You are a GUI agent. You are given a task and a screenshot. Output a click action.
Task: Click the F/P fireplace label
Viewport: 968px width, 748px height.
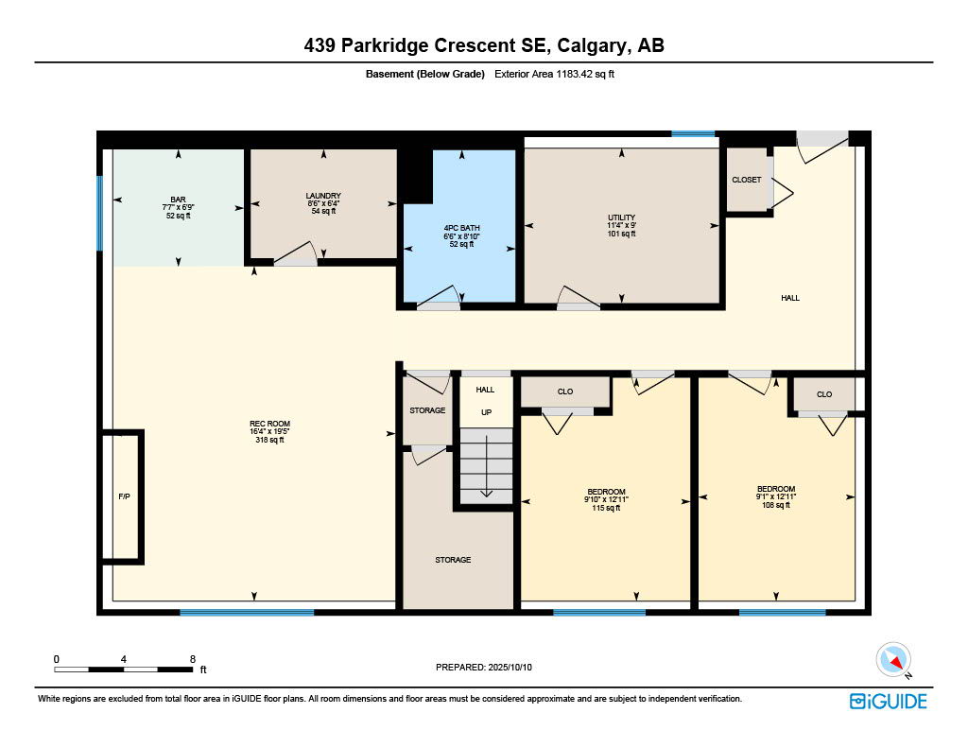[x=124, y=496]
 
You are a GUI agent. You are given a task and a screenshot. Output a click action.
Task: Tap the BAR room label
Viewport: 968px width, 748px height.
[x=178, y=200]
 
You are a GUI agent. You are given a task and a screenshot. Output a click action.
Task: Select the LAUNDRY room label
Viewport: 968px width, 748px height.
[x=323, y=196]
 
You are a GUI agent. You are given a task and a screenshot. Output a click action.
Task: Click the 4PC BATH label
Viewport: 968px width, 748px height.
[x=461, y=228]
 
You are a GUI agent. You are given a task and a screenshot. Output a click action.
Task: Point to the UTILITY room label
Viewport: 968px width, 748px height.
[x=621, y=217]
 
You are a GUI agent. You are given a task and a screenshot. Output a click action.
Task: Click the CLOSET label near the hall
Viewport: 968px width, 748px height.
[x=747, y=180]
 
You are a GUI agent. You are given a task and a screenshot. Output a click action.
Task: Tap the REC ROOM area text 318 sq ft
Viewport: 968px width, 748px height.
[x=269, y=440]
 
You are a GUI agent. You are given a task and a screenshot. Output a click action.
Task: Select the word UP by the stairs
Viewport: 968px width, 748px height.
[x=487, y=412]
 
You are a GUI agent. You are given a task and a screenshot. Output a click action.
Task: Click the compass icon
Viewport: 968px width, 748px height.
[x=893, y=660]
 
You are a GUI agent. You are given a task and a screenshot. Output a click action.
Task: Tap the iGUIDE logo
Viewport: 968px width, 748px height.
[x=888, y=701]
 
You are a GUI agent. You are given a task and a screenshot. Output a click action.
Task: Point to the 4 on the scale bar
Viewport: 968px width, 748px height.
[x=124, y=659]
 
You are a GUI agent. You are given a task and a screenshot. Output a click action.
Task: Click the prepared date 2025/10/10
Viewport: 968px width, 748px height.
[x=510, y=667]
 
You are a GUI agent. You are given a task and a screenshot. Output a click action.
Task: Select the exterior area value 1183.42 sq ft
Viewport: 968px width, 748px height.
[x=585, y=74]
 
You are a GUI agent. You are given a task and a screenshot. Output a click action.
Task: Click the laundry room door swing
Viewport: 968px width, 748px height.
[x=296, y=253]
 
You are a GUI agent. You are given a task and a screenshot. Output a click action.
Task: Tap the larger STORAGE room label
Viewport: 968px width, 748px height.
[x=453, y=560]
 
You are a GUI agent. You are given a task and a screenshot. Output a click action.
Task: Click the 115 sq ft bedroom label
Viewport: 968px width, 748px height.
[x=606, y=508]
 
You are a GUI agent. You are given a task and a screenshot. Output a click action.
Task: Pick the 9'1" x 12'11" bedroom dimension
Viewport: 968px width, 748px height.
[x=776, y=496]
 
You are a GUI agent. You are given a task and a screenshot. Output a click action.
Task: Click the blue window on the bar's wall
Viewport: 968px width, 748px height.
[x=99, y=214]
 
